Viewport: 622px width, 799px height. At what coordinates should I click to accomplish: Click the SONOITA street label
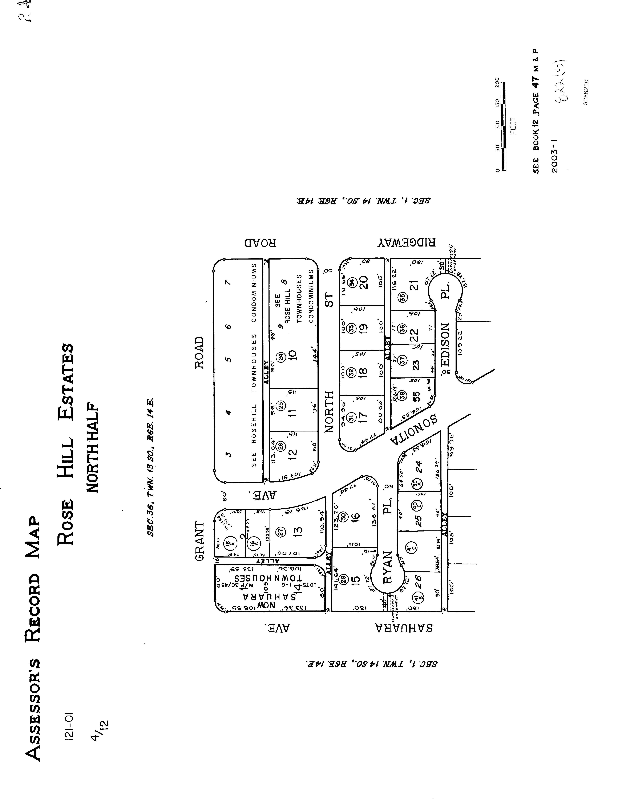415,430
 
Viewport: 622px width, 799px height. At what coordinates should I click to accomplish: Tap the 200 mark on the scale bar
497,82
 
